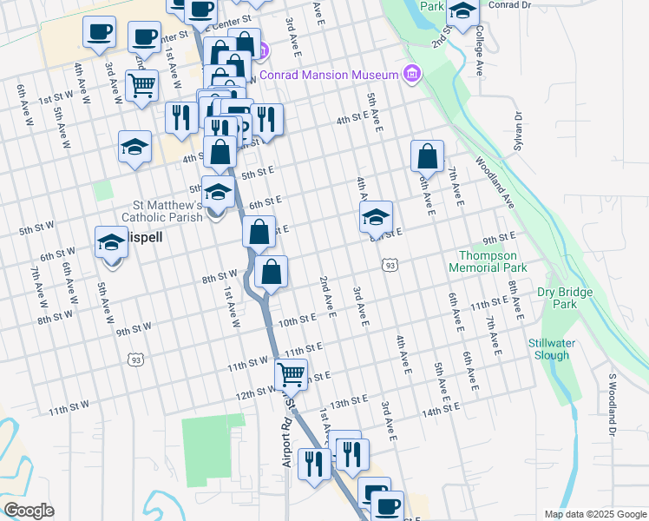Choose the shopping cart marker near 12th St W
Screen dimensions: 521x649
(x=291, y=374)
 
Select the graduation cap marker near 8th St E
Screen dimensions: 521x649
(x=377, y=217)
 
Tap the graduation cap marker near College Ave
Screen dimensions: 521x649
(x=462, y=11)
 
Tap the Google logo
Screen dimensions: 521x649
(x=29, y=511)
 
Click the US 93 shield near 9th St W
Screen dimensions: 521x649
(x=134, y=359)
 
